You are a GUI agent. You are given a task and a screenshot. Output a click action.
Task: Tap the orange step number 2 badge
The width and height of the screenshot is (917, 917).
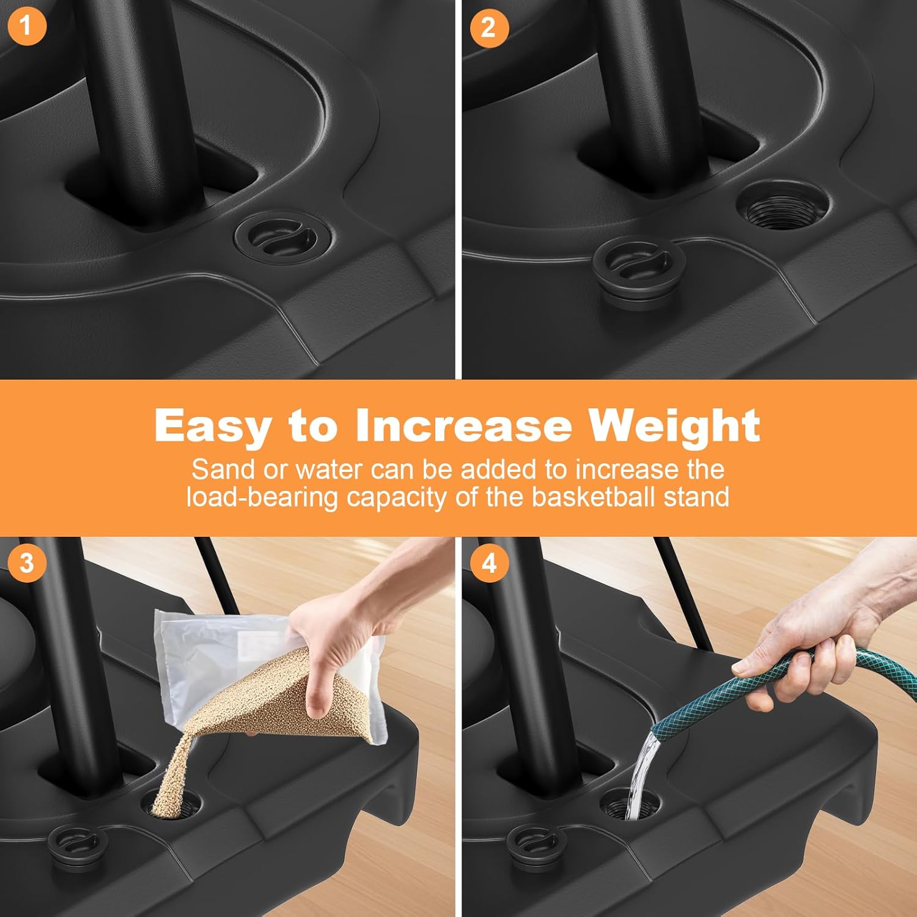click(488, 28)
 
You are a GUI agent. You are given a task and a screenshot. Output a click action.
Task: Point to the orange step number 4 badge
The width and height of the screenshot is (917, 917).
click(488, 562)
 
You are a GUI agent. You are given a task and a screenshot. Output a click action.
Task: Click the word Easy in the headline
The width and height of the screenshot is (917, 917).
click(212, 427)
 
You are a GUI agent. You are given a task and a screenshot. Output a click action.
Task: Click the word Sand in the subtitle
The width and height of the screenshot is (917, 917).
click(223, 470)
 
